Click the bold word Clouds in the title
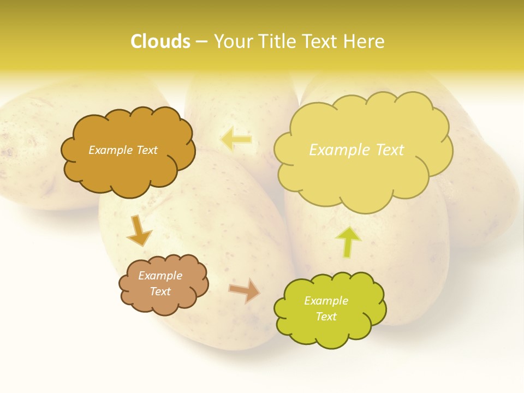tap(160, 41)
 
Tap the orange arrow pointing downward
tap(139, 229)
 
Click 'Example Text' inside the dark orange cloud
tap(123, 150)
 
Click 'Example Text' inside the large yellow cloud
tap(356, 150)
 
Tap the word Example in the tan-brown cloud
tap(160, 276)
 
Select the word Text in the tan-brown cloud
tap(160, 291)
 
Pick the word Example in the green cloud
tap(326, 301)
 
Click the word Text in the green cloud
tap(326, 317)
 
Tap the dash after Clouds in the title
tap(201, 41)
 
